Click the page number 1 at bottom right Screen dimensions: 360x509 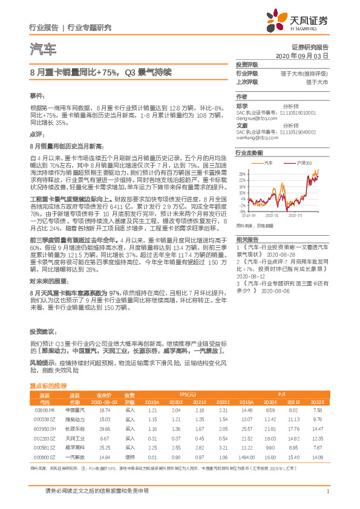(x=327, y=491)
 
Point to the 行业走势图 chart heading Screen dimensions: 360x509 (x=249, y=154)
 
